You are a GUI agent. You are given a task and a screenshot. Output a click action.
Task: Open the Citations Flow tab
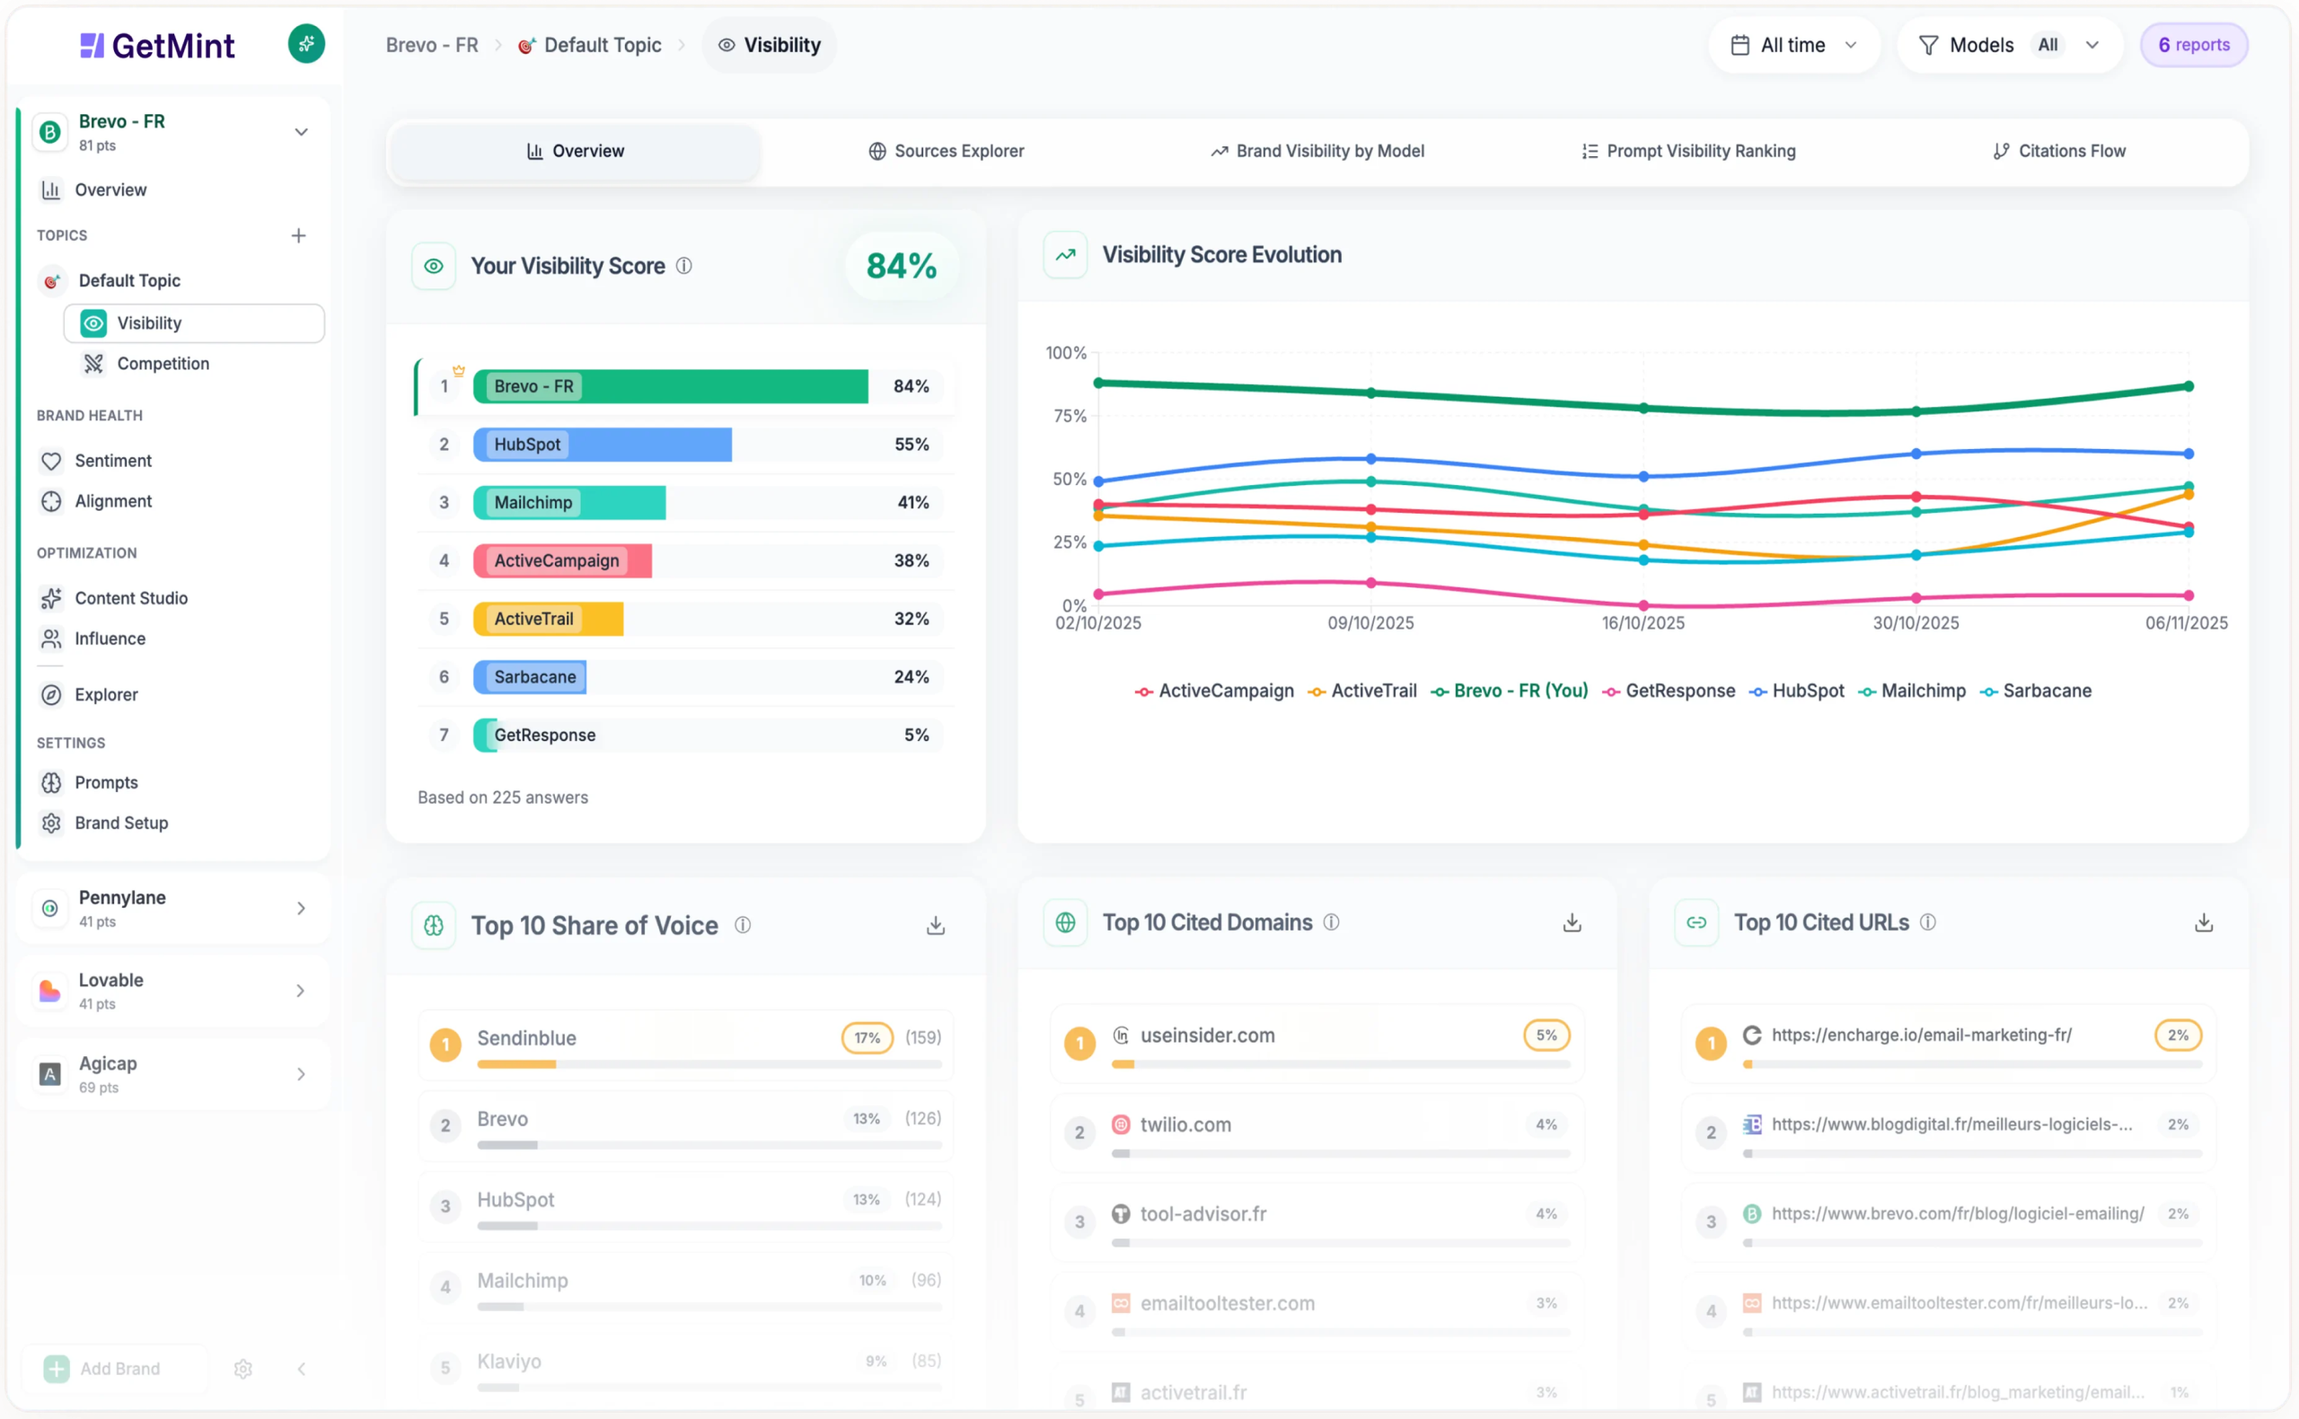click(2059, 151)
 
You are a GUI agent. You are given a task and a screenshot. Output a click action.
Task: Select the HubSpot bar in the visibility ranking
click(602, 445)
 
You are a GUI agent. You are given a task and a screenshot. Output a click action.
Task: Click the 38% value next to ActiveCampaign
click(911, 561)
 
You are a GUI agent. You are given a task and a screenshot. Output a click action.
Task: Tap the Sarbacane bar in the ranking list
click(530, 677)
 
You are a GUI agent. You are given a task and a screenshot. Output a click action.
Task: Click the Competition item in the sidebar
click(163, 364)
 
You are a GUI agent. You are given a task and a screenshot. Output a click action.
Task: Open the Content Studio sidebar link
click(130, 599)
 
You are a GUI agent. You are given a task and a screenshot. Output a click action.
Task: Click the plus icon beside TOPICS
click(298, 235)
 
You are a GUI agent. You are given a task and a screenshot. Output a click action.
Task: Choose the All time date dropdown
click(1793, 45)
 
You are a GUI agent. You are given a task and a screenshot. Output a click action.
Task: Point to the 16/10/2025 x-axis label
click(1643, 623)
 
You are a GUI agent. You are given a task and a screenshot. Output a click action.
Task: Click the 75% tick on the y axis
click(1069, 416)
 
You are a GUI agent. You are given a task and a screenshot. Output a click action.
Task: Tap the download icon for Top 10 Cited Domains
click(1572, 923)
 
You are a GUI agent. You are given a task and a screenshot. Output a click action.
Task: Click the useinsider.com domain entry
click(1207, 1036)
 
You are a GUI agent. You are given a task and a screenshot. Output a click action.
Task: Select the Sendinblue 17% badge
click(866, 1038)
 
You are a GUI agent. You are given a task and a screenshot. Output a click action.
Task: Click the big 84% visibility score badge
click(901, 267)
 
